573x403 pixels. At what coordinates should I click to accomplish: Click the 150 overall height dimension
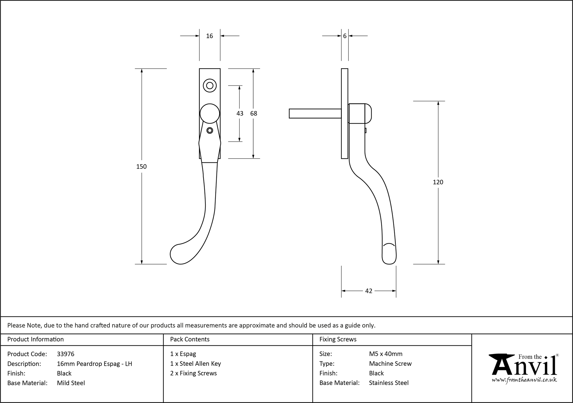point(141,167)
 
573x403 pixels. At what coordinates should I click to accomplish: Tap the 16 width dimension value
point(209,36)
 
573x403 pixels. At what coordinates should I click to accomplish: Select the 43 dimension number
point(240,114)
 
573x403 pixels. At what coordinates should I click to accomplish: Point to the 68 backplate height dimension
point(254,114)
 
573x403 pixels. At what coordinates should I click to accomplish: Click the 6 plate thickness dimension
point(345,36)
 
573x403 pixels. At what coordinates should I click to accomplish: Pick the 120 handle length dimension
point(438,182)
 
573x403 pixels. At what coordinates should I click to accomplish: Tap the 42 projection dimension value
point(368,291)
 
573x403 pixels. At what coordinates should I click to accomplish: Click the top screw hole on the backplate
point(210,85)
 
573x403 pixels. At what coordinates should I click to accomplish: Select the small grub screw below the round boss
point(210,130)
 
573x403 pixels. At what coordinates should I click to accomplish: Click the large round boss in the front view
point(210,114)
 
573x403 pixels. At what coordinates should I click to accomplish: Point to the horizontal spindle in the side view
point(315,114)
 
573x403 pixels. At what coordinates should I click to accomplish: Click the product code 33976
point(66,354)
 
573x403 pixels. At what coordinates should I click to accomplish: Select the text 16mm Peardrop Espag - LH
point(94,364)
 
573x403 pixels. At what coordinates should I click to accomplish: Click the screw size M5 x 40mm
point(386,354)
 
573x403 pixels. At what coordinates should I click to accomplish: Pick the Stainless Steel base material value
point(388,383)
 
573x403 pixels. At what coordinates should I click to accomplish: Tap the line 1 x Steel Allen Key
point(195,364)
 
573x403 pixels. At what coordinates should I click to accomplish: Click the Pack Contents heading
point(190,339)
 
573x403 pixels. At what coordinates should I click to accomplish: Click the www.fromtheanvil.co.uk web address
point(524,380)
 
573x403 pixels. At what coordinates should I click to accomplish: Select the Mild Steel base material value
point(71,383)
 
